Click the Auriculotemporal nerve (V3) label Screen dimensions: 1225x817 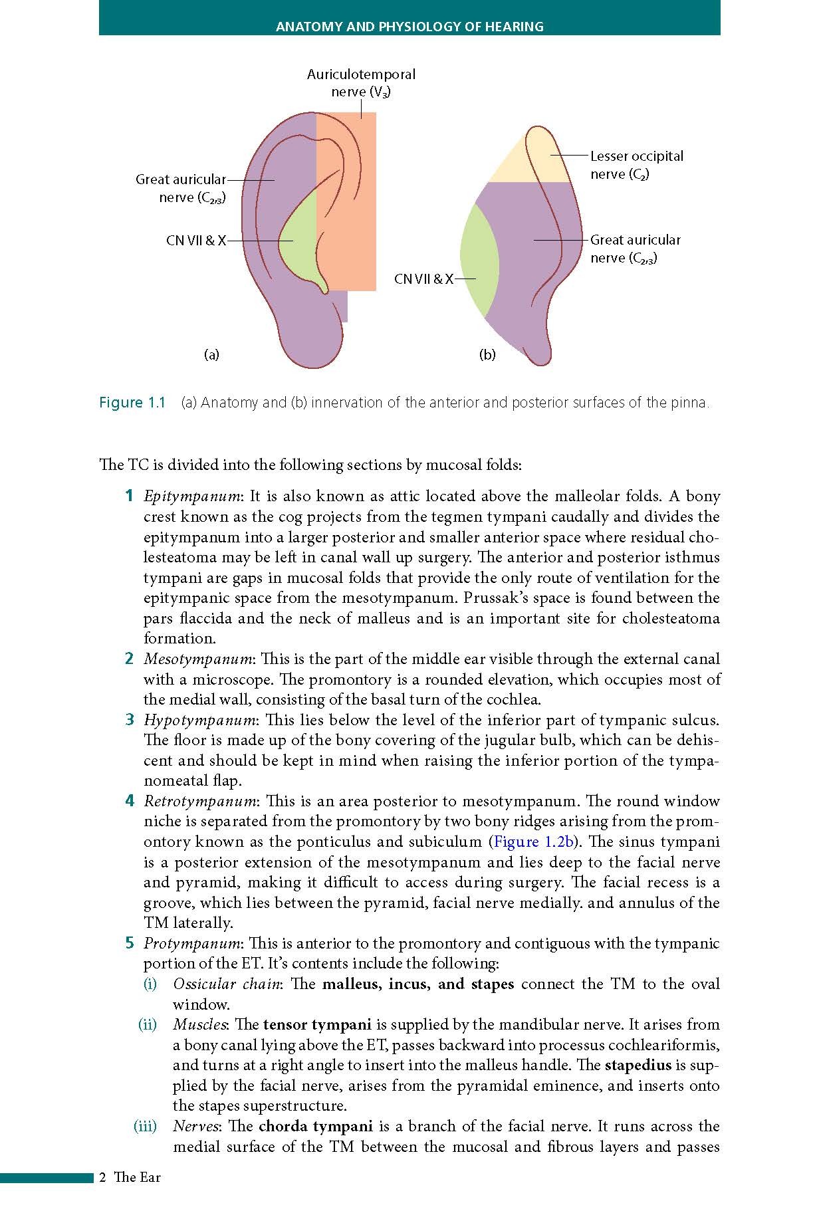pyautogui.click(x=361, y=83)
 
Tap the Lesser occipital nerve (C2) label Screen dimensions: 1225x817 pyautogui.click(x=636, y=165)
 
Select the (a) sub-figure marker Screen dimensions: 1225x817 pyautogui.click(x=211, y=354)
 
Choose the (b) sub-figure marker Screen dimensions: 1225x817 pyautogui.click(x=487, y=355)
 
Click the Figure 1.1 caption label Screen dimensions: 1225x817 pyautogui.click(x=132, y=403)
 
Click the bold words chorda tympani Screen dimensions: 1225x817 pyautogui.click(x=315, y=1127)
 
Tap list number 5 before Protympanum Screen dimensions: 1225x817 pyautogui.click(x=130, y=944)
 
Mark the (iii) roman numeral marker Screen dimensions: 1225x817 pyautogui.click(x=145, y=1127)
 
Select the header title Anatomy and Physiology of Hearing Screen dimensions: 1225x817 pyautogui.click(x=409, y=27)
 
